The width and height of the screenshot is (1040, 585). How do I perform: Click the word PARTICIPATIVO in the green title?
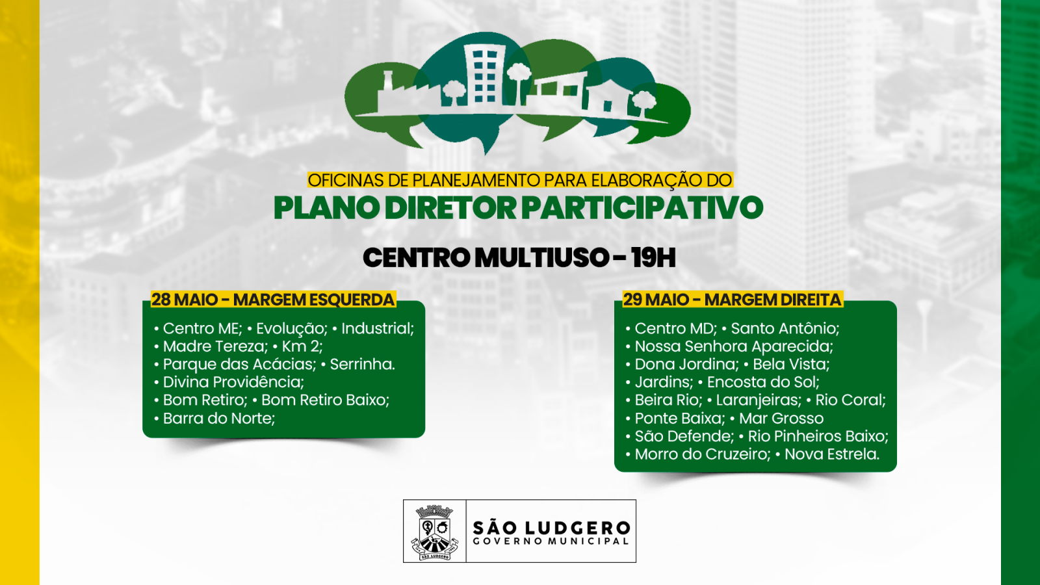point(642,208)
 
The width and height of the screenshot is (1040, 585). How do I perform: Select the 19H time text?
point(653,258)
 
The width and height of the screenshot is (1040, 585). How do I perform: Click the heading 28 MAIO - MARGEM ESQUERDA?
point(273,300)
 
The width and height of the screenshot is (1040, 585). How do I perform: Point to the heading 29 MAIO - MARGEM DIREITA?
point(733,300)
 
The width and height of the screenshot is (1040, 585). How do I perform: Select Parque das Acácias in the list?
point(239,364)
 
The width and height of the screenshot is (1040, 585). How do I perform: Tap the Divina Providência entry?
point(233,382)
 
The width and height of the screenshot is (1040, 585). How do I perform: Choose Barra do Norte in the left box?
point(219,419)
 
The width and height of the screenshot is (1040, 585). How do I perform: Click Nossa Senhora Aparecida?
point(734,346)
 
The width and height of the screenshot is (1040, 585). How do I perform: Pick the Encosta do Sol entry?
point(763,382)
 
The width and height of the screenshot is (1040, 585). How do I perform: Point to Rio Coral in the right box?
point(850,400)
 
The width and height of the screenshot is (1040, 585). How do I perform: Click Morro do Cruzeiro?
point(703,454)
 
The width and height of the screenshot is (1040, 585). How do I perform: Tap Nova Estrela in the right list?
point(831,454)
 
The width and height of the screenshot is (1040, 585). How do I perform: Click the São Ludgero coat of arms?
point(434,532)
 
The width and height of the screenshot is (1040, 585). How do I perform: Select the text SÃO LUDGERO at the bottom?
point(551,527)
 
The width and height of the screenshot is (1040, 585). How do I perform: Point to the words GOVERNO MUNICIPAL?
point(551,541)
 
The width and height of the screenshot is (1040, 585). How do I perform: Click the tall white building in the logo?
point(484,75)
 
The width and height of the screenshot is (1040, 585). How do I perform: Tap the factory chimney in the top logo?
point(388,81)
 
